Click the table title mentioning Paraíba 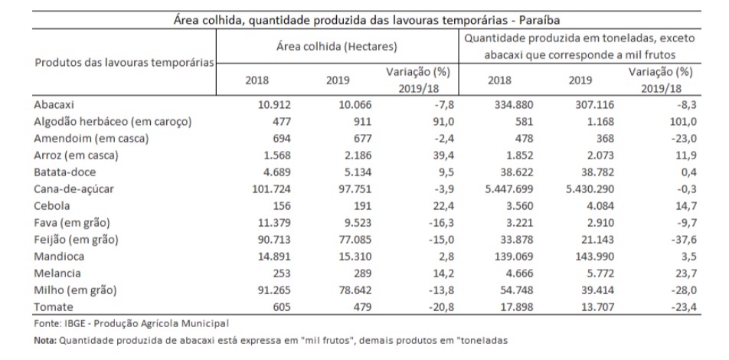pos(367,21)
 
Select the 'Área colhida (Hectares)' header pos(337,47)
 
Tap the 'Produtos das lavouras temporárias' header pos(125,62)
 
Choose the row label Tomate pos(54,307)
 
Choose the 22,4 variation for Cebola pos(442,205)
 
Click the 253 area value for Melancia pos(283,273)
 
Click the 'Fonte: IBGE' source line pos(132,322)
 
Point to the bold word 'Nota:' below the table pos(45,340)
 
